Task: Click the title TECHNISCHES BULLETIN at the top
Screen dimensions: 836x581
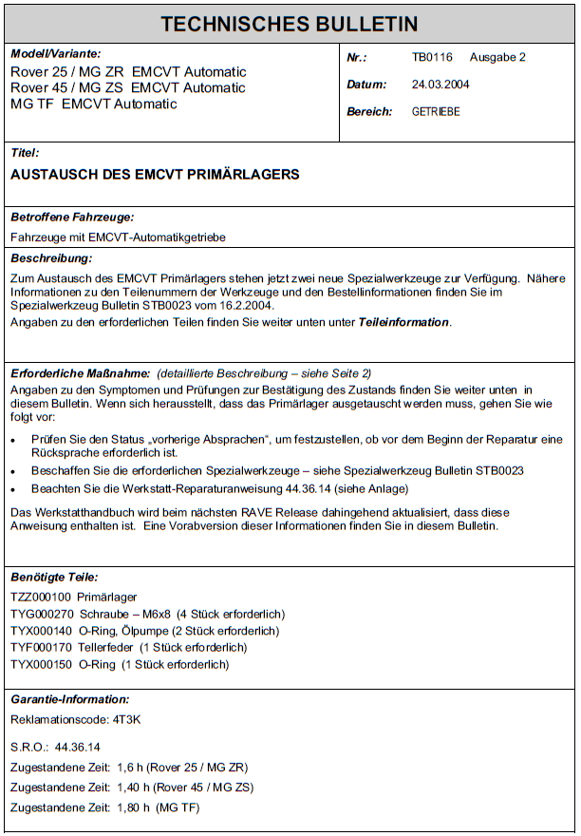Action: click(x=290, y=24)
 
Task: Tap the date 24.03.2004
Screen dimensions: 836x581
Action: click(x=440, y=85)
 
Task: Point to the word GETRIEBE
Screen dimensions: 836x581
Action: click(x=436, y=112)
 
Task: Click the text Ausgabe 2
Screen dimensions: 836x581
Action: click(x=497, y=57)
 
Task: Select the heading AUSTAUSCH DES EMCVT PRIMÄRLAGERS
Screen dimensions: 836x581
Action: click(x=155, y=175)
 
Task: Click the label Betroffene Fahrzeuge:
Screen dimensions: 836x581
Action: click(x=72, y=217)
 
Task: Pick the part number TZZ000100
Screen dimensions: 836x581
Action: click(x=40, y=597)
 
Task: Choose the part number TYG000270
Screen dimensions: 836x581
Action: click(x=40, y=614)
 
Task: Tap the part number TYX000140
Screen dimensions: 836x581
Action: click(x=40, y=631)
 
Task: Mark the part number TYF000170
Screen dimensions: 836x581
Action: click(x=40, y=647)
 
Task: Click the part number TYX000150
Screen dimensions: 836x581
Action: click(x=40, y=664)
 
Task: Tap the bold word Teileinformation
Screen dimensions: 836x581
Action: click(x=403, y=323)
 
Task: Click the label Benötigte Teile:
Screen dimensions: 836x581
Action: click(x=54, y=577)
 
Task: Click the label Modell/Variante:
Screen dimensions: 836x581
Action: click(x=55, y=54)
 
